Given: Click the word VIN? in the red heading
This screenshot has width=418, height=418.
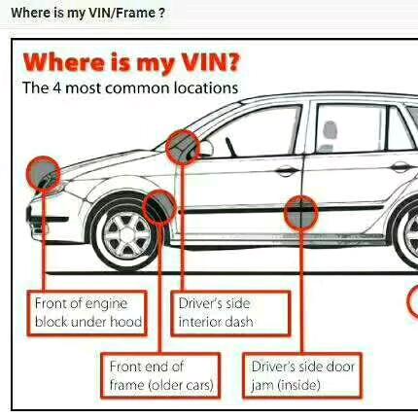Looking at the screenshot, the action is click(211, 62).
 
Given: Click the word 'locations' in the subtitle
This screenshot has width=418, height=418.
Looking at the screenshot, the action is click(206, 87).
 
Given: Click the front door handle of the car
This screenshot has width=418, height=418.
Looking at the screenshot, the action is click(285, 170).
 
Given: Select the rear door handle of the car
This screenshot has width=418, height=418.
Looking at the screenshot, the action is click(401, 167).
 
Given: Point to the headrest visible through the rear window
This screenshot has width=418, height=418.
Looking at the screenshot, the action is click(331, 131).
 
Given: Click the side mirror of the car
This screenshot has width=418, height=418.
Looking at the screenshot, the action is click(205, 149).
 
